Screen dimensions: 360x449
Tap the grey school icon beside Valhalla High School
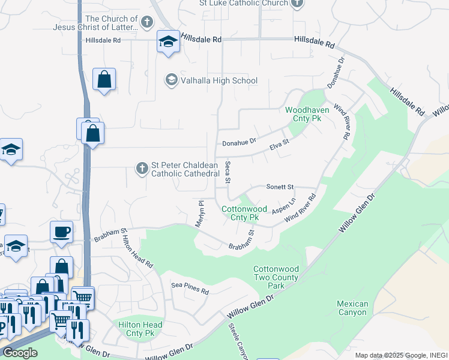coord(171,80)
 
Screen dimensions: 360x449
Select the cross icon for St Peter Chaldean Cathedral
coord(142,168)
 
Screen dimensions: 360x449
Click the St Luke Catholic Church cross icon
coord(297,4)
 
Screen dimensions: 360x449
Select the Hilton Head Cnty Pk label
coord(137,328)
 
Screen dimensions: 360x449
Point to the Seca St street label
coord(228,172)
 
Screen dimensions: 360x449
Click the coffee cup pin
coord(62,232)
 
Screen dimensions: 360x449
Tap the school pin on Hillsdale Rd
coord(168,42)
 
